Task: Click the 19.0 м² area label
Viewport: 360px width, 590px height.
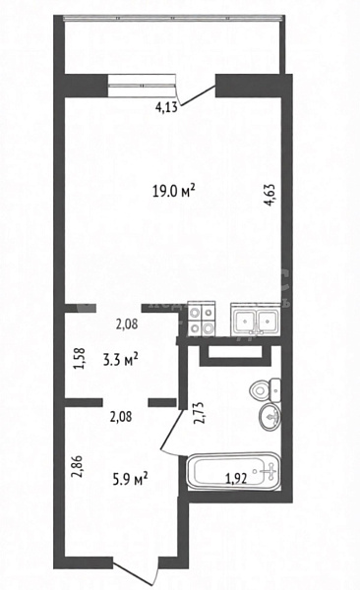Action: click(173, 191)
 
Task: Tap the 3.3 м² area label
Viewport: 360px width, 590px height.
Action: click(121, 359)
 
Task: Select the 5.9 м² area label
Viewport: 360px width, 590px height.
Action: click(130, 479)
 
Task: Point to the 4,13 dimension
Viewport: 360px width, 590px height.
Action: click(166, 107)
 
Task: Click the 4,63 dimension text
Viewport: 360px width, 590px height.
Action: click(270, 195)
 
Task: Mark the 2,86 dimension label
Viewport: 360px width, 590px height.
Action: click(77, 466)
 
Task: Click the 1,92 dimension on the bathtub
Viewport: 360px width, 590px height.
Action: click(236, 479)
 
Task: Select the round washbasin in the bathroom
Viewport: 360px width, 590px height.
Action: click(270, 417)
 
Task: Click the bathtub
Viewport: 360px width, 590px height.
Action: click(234, 471)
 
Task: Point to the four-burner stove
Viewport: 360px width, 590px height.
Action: click(202, 319)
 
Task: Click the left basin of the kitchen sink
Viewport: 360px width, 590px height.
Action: click(245, 321)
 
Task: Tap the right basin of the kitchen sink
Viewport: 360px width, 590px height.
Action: click(268, 321)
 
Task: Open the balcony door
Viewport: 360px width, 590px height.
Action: click(197, 95)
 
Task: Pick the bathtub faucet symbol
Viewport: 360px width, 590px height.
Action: click(270, 471)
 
